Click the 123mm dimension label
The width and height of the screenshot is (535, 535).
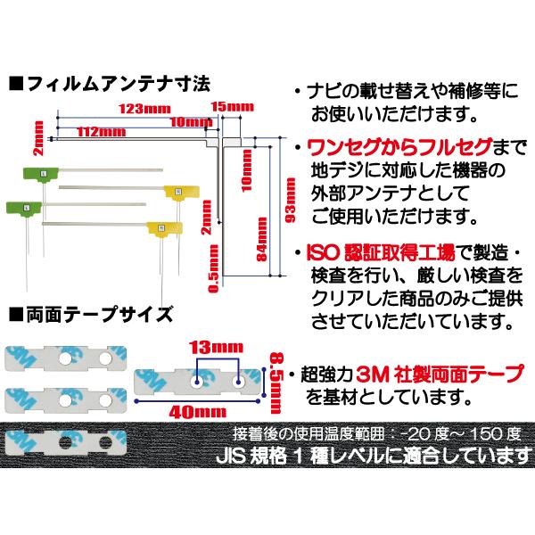coord(144,109)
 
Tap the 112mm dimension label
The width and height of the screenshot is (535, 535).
coord(102,132)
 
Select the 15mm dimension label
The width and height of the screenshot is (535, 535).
coord(233,107)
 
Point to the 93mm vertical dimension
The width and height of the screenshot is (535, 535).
coord(291,201)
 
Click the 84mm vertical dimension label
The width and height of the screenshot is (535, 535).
coord(262,240)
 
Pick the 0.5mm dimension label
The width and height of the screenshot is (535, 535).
coord(213,269)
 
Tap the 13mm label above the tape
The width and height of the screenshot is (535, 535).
coord(217,348)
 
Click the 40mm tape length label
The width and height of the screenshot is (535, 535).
coord(198,412)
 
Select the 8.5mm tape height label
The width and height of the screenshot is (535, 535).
coord(276,383)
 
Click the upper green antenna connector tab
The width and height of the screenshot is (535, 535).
coord(41,174)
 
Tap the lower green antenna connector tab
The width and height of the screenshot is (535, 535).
coord(24,208)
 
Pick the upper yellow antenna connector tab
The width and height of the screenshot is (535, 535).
coord(181,192)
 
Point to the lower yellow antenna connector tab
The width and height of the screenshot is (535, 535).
coord(164,228)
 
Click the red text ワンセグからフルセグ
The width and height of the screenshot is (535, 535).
coord(399,147)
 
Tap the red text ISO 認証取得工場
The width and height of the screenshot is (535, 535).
coord(381,253)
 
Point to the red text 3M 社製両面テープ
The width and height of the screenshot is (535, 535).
coord(440,374)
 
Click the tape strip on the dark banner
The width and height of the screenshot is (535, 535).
coord(65,442)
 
